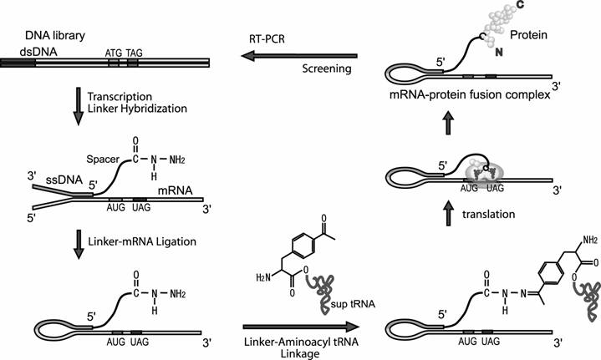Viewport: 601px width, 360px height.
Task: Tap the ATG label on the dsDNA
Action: (x=113, y=51)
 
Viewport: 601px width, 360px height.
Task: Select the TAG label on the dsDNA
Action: (x=135, y=51)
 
